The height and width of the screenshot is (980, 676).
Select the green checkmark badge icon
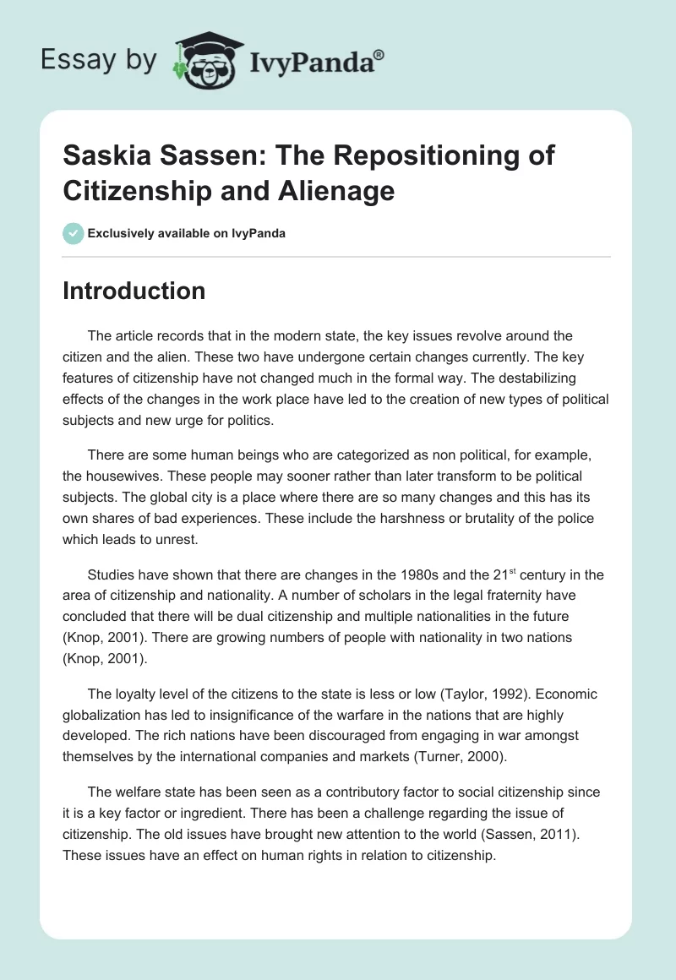74,233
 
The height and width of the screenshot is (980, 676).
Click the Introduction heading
134,291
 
